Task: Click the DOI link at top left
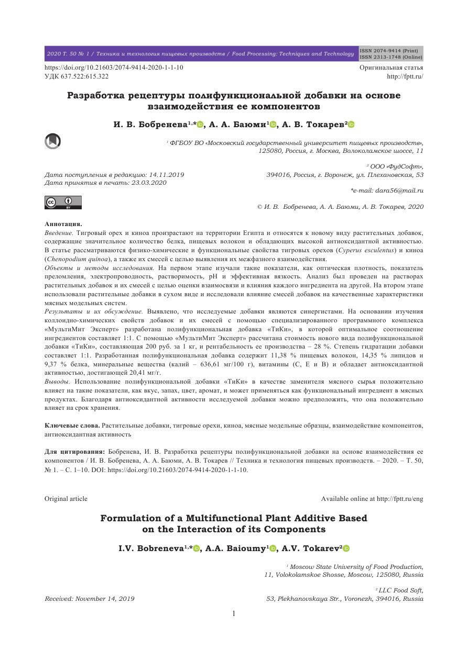114,68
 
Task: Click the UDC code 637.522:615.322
77,76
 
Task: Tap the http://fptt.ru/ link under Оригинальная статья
405,76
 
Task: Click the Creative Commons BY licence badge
63,202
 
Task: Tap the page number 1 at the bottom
234,613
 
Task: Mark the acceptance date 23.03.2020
149,183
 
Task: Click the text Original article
66,499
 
